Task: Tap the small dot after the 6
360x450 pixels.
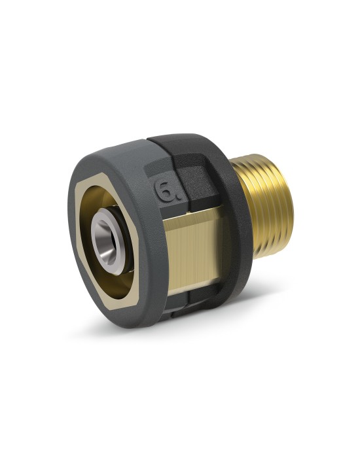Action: (x=178, y=198)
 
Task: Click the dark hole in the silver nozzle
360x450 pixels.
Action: (x=107, y=241)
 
